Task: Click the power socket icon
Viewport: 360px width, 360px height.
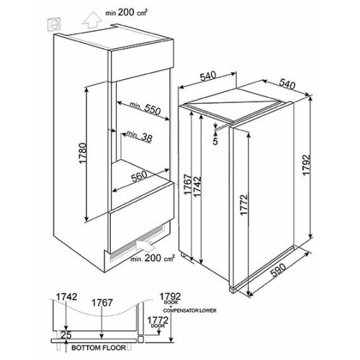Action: [x=55, y=24]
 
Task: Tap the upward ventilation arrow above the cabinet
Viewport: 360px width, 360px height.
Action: [x=91, y=21]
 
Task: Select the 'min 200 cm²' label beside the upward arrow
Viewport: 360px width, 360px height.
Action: [x=126, y=12]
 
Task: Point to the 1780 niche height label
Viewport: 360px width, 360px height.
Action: [x=82, y=153]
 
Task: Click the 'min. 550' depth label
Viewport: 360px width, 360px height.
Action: [x=145, y=108]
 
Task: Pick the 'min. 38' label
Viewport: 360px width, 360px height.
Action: [x=140, y=136]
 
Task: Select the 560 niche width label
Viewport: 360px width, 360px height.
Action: [x=139, y=176]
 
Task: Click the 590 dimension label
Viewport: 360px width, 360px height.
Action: [x=278, y=270]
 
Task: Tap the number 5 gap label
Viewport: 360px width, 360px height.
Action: [x=215, y=141]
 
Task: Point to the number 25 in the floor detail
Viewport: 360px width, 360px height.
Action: [x=66, y=335]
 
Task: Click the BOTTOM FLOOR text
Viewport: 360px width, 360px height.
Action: [x=99, y=348]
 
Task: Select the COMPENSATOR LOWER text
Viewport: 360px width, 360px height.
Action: [x=190, y=310]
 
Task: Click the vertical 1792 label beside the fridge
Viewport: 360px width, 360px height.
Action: [x=307, y=166]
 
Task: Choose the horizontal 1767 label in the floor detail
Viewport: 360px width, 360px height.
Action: [x=102, y=302]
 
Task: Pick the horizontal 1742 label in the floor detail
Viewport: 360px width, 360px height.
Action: [x=66, y=297]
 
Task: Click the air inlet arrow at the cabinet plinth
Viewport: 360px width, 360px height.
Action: [x=145, y=245]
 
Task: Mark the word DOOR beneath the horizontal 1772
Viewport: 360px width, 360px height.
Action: [x=158, y=325]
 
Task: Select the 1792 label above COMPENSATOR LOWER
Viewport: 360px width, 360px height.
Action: [x=170, y=295]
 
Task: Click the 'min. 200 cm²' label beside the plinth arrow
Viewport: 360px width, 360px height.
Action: [x=153, y=258]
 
